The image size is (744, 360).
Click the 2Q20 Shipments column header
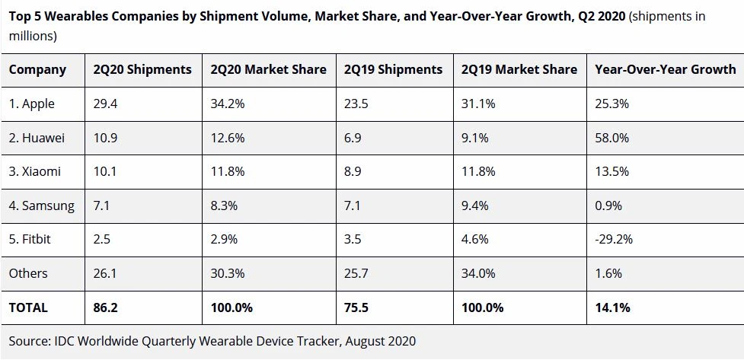pyautogui.click(x=142, y=69)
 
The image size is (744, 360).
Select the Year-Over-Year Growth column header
pyautogui.click(x=666, y=69)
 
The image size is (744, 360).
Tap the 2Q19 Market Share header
pyautogui.click(x=519, y=69)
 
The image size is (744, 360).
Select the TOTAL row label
pyautogui.click(x=28, y=307)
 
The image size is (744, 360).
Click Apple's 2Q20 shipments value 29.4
pyautogui.click(x=105, y=104)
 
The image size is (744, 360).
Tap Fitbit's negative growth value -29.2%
pyautogui.click(x=614, y=239)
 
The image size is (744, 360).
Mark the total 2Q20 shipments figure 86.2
pyautogui.click(x=105, y=307)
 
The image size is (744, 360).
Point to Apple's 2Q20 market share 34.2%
pyautogui.click(x=228, y=104)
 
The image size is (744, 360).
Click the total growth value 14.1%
pyautogui.click(x=613, y=307)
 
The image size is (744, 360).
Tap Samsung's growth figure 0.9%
pyautogui.click(x=608, y=205)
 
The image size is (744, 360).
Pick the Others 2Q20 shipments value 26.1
pyautogui.click(x=105, y=273)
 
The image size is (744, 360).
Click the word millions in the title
pyautogui.click(x=32, y=36)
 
